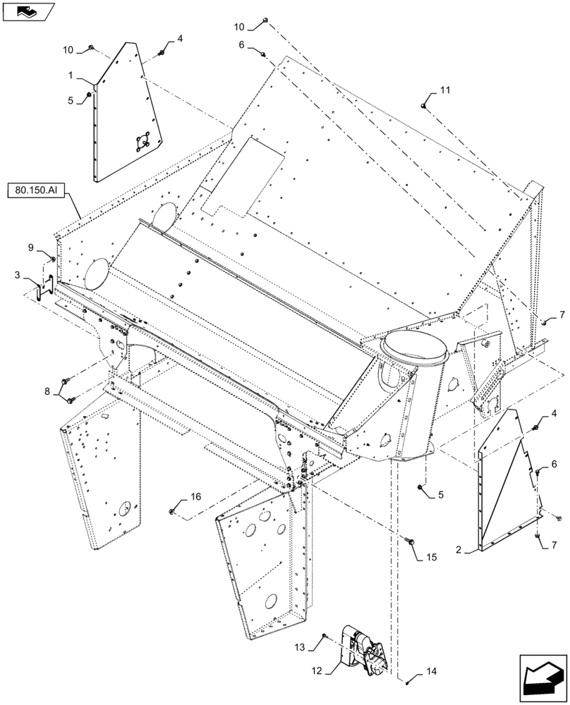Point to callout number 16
click(195, 497)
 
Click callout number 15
click(430, 557)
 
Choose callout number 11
click(444, 90)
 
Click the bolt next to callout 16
click(173, 510)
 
